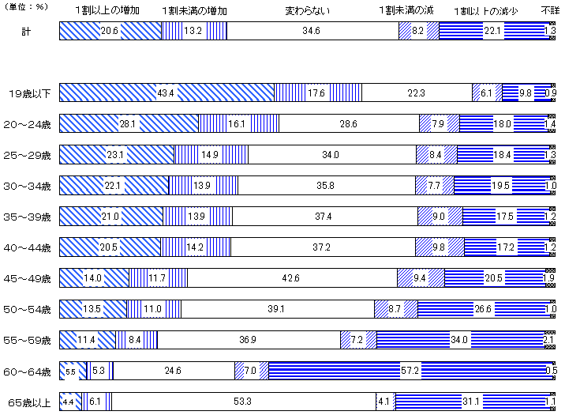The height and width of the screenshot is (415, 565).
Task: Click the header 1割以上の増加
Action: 110,12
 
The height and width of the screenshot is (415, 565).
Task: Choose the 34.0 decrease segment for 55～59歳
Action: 458,340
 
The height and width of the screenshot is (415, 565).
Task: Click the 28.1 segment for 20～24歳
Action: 128,124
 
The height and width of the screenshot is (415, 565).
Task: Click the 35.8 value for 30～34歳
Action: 326,186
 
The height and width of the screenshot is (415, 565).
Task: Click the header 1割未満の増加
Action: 194,12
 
